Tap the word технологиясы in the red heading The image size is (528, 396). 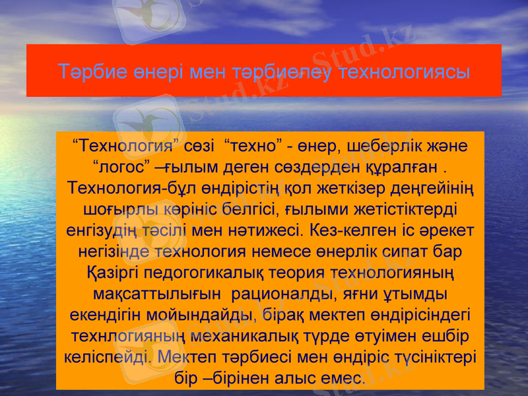404,71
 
